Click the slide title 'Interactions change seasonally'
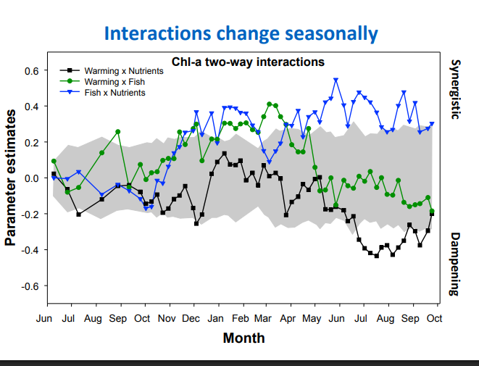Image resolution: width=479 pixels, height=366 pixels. pos(240,33)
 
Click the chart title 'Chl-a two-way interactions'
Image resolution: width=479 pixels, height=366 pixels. pos(247,62)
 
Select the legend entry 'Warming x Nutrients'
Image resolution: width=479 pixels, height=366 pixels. pos(124,71)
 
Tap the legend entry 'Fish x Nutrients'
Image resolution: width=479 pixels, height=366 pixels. pos(114,93)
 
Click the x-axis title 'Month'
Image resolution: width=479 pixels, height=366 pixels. pos(243,338)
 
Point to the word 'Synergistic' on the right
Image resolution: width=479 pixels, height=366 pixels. pos(455,90)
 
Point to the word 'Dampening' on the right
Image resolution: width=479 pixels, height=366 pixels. pos(455,264)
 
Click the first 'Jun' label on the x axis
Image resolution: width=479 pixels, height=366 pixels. pos(44,318)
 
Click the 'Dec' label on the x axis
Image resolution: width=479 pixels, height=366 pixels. pos(191,318)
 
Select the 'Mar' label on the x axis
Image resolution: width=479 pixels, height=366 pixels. pos(263,318)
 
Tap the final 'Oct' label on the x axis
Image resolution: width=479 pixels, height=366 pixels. pos(434,318)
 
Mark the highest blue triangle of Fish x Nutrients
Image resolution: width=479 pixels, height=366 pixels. pos(336,80)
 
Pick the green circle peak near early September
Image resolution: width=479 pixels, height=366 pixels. pos(118,132)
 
